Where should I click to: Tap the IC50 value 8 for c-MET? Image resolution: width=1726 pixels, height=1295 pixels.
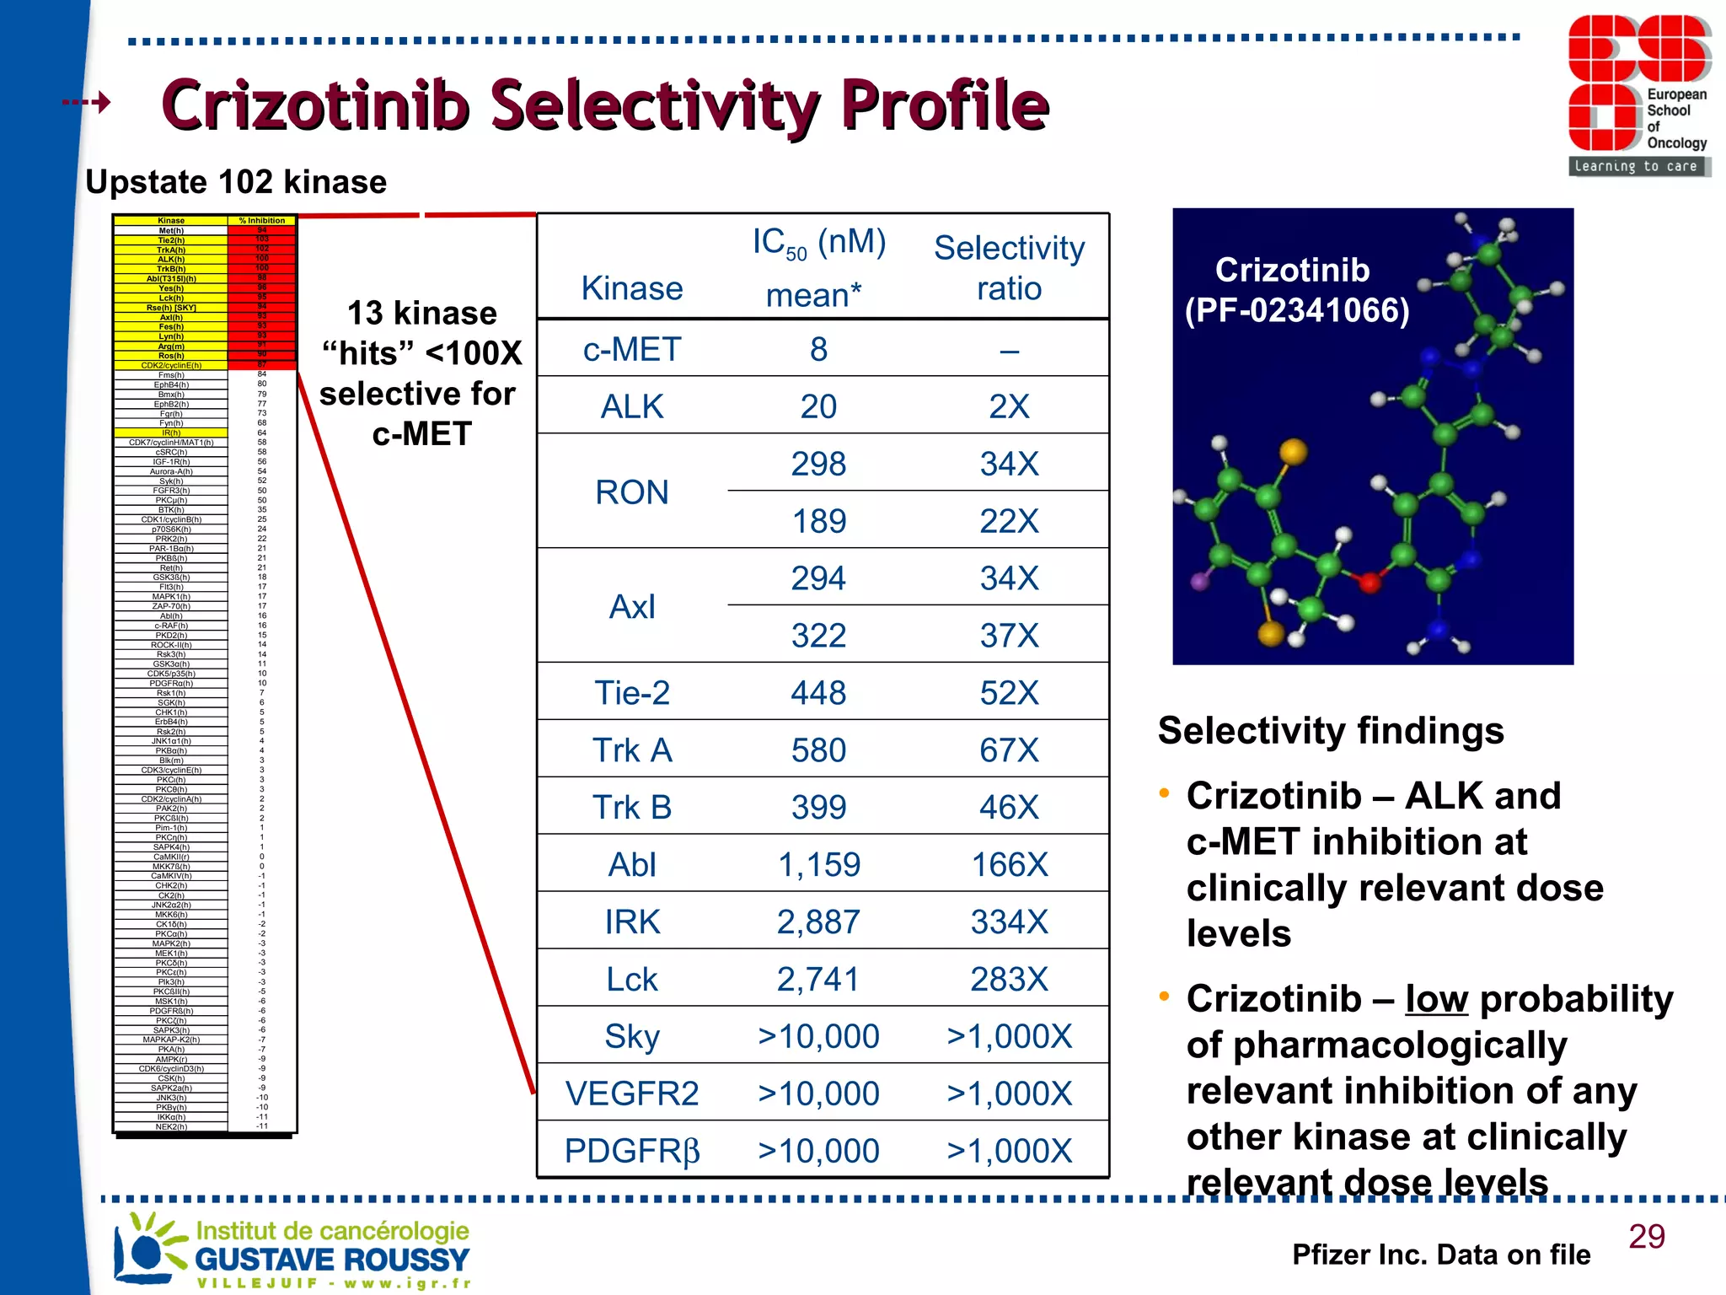818,349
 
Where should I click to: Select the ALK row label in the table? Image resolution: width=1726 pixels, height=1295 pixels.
632,406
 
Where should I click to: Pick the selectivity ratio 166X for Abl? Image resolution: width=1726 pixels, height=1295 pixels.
1009,864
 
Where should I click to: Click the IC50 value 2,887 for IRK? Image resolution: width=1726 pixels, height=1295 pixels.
818,922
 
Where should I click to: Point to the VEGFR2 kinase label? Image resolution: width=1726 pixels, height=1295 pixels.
632,1093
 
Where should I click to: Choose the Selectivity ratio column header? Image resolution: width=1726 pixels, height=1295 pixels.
1009,267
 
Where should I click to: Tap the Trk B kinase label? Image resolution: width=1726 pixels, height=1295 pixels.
632,807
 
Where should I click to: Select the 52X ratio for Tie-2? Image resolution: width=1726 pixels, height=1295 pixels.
1009,693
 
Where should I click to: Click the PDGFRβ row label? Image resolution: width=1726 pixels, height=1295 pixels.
632,1151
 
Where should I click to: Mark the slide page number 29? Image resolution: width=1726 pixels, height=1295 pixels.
1646,1236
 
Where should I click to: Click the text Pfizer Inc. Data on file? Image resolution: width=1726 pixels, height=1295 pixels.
1440,1255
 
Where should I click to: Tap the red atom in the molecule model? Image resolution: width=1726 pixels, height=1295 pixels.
1369,582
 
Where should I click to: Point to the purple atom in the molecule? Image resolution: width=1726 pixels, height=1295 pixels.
1200,580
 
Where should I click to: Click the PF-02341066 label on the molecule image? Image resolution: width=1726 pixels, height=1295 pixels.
1297,310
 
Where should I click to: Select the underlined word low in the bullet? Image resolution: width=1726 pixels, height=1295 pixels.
1436,999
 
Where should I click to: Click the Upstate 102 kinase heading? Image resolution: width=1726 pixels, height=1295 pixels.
236,182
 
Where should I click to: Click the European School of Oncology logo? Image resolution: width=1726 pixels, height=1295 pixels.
1638,94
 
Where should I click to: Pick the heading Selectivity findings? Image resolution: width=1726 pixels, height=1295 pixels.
1331,730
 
